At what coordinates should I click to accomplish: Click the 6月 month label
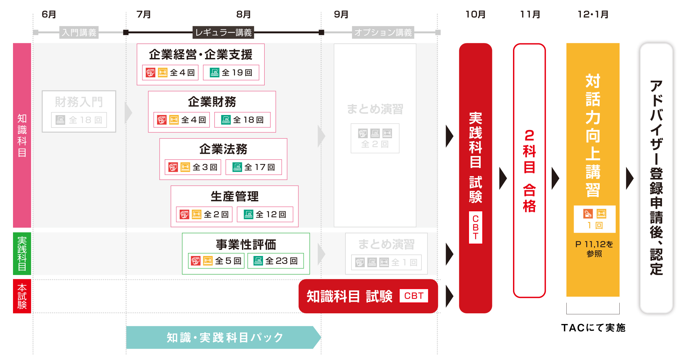point(49,15)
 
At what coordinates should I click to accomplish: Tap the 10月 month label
point(475,15)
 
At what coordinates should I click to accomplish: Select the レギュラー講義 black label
point(223,33)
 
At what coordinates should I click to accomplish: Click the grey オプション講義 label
point(383,33)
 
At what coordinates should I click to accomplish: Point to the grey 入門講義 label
point(79,33)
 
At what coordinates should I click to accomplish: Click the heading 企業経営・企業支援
point(200,55)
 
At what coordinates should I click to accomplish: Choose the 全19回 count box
point(231,73)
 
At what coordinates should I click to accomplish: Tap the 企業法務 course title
point(223,149)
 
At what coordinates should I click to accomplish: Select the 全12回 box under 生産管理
point(265,214)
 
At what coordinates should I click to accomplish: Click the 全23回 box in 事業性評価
point(276,261)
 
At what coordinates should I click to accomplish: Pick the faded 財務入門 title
point(79,102)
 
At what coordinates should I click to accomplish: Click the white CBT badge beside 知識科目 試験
point(414,296)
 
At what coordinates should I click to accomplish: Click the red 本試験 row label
point(22,296)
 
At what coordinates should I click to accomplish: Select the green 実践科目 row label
point(22,254)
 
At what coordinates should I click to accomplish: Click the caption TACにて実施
point(593,328)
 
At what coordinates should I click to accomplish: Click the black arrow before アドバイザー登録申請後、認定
point(629,178)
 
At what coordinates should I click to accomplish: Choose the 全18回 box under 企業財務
point(242,120)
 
